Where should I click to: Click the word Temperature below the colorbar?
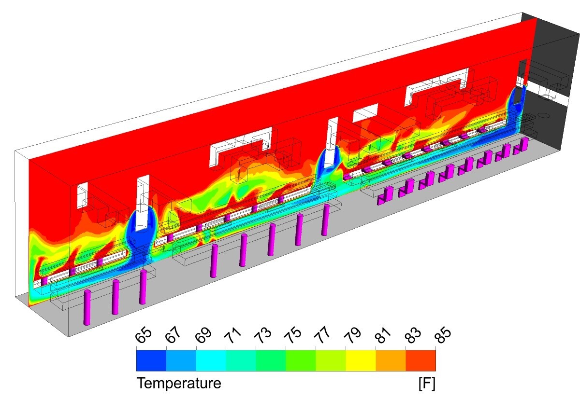[179, 384]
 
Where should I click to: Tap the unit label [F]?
[426, 384]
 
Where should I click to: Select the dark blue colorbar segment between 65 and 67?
[151, 360]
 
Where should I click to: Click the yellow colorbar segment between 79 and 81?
[361, 360]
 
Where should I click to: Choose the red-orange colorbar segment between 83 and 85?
[420, 360]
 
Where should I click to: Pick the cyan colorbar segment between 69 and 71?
[211, 360]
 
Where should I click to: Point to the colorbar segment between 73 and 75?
[271, 360]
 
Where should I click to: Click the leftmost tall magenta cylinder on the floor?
[87, 307]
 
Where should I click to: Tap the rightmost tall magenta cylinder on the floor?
[326, 220]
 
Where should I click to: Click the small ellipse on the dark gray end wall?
[544, 116]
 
